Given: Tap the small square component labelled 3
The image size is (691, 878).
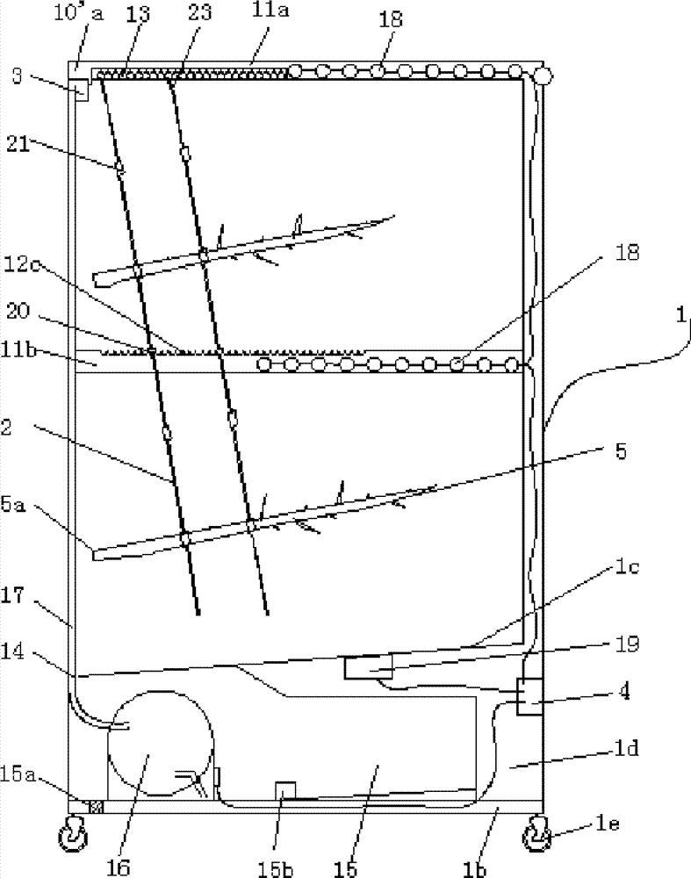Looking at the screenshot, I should coord(81,90).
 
